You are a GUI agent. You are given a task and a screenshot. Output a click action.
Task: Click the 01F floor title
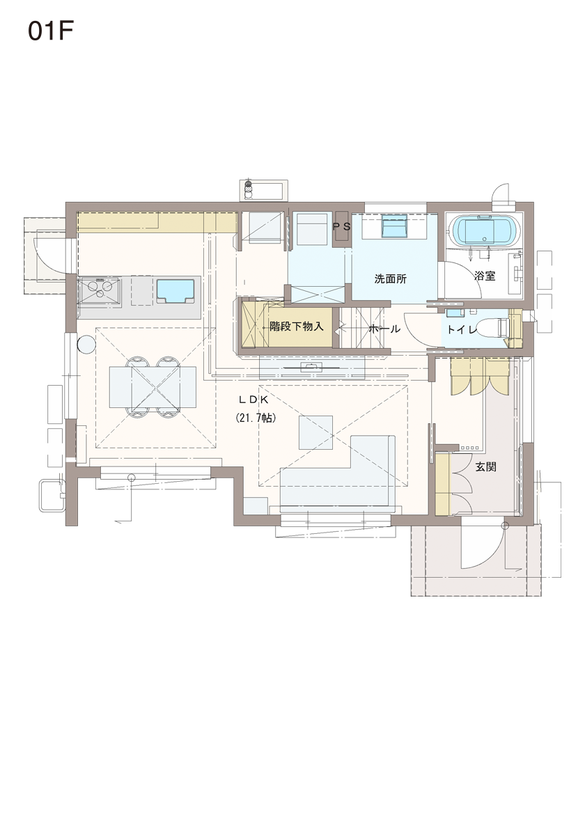(50, 31)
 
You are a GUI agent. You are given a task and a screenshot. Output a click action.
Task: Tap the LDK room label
(255, 400)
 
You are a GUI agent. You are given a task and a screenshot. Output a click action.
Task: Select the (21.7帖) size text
(256, 418)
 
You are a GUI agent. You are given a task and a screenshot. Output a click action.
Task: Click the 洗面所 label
(391, 279)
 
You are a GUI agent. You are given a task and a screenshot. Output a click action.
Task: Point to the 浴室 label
(485, 275)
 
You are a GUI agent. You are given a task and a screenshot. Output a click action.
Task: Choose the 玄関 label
(485, 467)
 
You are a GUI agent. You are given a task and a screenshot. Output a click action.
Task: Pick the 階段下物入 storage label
(297, 326)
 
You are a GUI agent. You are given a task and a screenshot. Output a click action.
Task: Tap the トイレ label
(462, 330)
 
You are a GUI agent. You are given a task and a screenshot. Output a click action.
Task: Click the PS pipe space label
(342, 227)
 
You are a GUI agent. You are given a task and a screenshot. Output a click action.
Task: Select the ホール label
(384, 329)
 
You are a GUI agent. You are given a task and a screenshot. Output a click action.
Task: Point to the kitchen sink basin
(175, 292)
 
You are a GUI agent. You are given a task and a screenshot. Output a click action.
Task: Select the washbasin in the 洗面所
(394, 228)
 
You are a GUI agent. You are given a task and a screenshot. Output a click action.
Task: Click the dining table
(153, 387)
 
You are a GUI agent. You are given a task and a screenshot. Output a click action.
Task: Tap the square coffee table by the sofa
(316, 432)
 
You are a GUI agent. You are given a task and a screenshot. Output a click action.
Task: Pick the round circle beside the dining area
(86, 345)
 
